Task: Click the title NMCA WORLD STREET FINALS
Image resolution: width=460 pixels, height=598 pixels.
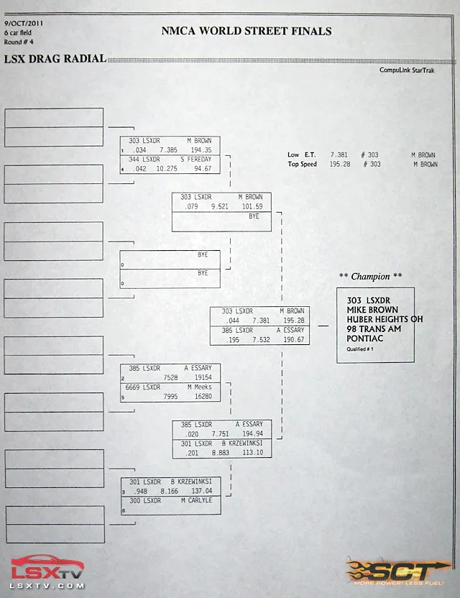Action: tap(247, 31)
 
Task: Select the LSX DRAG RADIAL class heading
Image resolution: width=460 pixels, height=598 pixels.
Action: tap(55, 59)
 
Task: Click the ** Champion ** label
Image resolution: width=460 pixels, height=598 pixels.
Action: tap(370, 276)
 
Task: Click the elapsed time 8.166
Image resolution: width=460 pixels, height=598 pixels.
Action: tap(169, 491)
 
